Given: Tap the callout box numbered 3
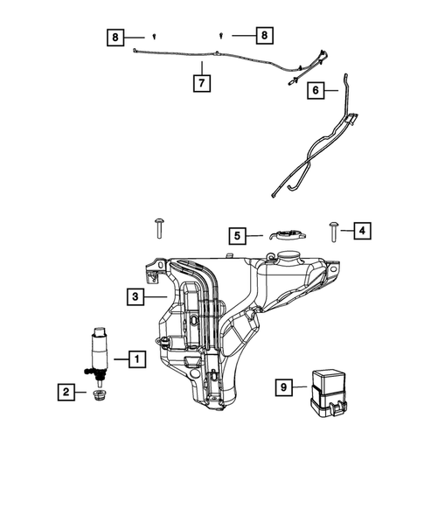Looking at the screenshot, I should (135, 297).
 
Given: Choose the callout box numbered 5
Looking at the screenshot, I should (236, 234).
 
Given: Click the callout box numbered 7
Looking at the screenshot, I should (201, 83).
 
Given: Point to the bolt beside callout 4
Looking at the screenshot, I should (335, 230).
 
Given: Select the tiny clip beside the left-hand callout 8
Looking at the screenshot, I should (154, 38).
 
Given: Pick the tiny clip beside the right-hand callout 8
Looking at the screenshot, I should (221, 36).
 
